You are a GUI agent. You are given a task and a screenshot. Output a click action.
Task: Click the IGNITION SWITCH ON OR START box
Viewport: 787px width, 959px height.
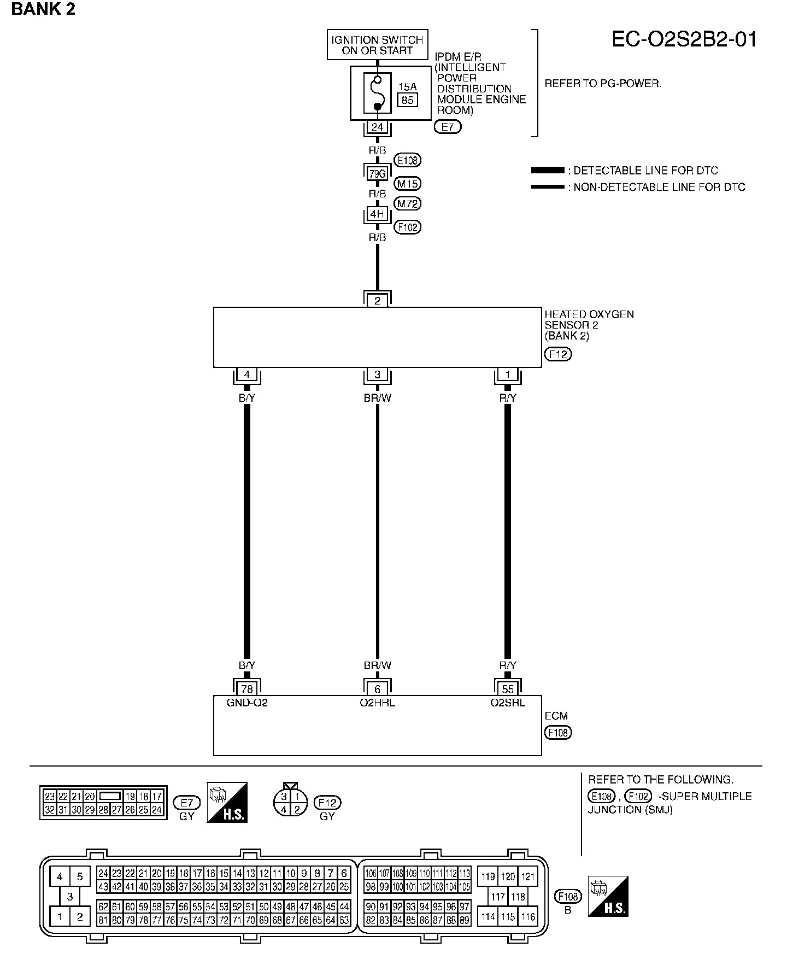click(x=377, y=45)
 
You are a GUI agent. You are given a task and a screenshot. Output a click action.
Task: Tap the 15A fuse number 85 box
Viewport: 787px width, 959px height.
click(x=408, y=100)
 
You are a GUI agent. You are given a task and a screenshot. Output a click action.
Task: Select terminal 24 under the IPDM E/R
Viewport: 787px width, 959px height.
click(x=377, y=127)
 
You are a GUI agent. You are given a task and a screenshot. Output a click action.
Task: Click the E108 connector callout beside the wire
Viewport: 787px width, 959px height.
click(x=408, y=160)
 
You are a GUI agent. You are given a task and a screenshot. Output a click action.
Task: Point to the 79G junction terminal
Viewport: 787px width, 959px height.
click(x=377, y=174)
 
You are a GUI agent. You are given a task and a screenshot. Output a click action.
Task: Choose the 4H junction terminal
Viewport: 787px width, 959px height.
click(x=377, y=214)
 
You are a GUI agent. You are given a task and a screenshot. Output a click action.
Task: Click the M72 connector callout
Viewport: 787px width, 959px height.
click(x=408, y=204)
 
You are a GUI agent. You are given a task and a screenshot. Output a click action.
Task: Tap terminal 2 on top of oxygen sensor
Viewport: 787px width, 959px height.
click(x=377, y=301)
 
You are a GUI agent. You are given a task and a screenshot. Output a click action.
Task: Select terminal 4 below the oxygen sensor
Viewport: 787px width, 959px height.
click(x=247, y=375)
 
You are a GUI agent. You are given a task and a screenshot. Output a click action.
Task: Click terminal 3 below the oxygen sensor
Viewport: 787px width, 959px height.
click(x=377, y=375)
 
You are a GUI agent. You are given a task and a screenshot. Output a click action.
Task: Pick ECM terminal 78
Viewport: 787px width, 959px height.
click(x=247, y=689)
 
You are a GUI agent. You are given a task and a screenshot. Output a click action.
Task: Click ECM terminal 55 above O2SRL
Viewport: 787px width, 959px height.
click(x=508, y=689)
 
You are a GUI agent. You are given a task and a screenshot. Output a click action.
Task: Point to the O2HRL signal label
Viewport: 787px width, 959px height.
click(x=377, y=703)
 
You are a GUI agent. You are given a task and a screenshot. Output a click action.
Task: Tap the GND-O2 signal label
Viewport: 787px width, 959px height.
click(x=247, y=703)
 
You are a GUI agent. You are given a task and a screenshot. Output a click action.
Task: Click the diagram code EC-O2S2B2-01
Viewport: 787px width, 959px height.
click(x=684, y=40)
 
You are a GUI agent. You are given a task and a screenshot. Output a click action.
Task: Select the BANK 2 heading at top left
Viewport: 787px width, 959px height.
click(x=43, y=9)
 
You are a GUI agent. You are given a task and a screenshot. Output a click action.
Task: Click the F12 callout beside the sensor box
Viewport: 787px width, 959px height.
click(x=558, y=354)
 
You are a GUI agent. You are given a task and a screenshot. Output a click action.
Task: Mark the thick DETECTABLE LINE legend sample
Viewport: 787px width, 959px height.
click(x=548, y=171)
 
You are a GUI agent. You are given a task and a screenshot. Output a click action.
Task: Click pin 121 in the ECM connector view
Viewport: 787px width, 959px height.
click(x=527, y=876)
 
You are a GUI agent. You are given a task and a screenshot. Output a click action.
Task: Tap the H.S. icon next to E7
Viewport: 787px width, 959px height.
click(x=227, y=802)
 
